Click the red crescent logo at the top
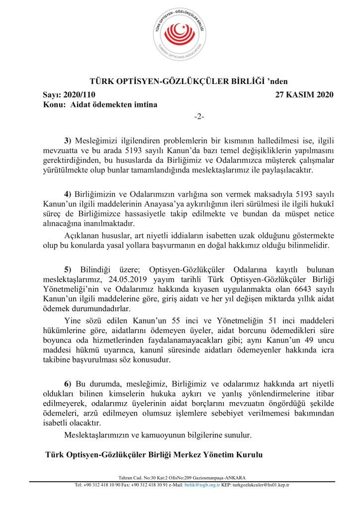[180, 34]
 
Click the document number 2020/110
[80, 95]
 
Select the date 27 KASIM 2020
[304, 95]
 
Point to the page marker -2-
[199, 116]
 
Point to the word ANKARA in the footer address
[234, 478]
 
